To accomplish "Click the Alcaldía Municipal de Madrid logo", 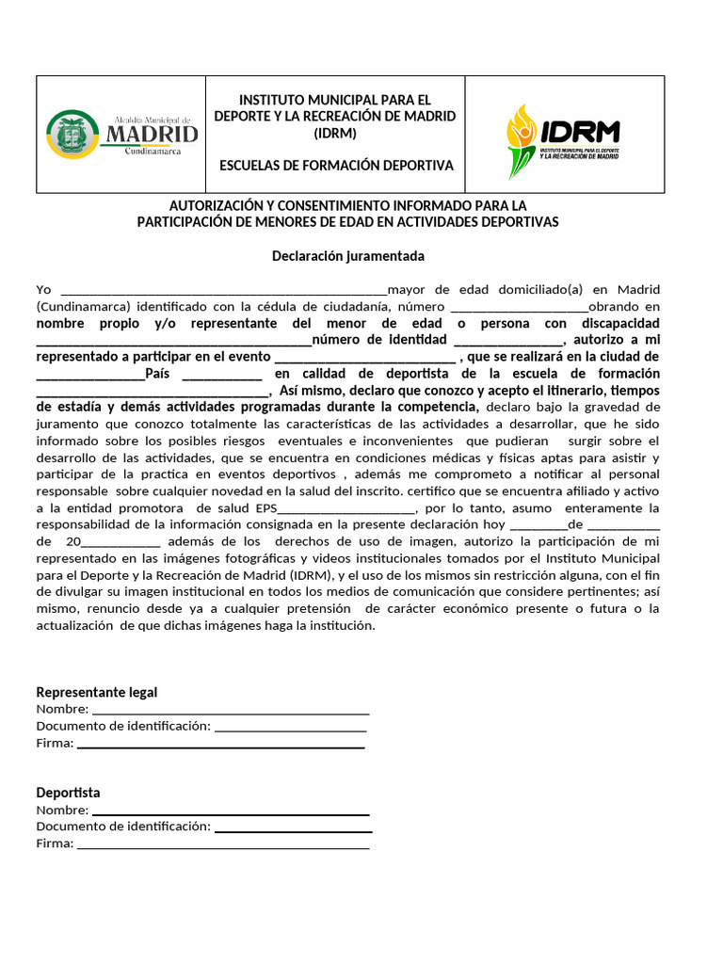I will pyautogui.click(x=121, y=135).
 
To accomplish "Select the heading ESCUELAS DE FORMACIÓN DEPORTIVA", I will pyautogui.click(x=335, y=166).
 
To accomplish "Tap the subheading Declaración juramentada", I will pyautogui.click(x=348, y=256).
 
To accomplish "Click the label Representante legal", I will pyautogui.click(x=97, y=693).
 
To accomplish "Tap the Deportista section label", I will pyautogui.click(x=68, y=793).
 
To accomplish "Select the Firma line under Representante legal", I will pyautogui.click(x=220, y=746).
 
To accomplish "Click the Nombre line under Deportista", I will pyautogui.click(x=231, y=811).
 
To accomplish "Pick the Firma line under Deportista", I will pyautogui.click(x=223, y=845).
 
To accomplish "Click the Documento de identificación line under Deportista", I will pyautogui.click(x=293, y=828).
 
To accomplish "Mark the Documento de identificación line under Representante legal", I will pyautogui.click(x=290, y=729).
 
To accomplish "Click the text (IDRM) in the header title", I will pyautogui.click(x=335, y=133).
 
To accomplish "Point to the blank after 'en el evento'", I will pyautogui.click(x=363, y=359).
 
